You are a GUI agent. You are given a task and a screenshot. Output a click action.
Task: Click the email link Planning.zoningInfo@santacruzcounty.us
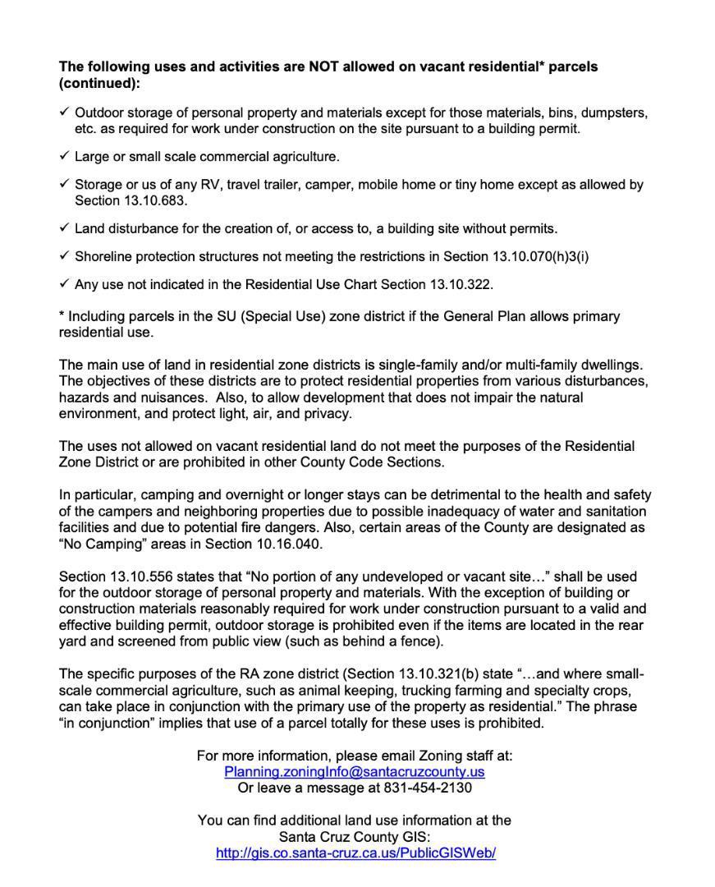[354, 772]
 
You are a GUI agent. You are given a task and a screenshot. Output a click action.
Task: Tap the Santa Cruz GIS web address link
[355, 853]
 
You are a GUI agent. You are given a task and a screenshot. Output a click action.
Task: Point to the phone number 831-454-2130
[428, 788]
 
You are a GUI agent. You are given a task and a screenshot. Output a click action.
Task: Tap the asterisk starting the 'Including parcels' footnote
[62, 315]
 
